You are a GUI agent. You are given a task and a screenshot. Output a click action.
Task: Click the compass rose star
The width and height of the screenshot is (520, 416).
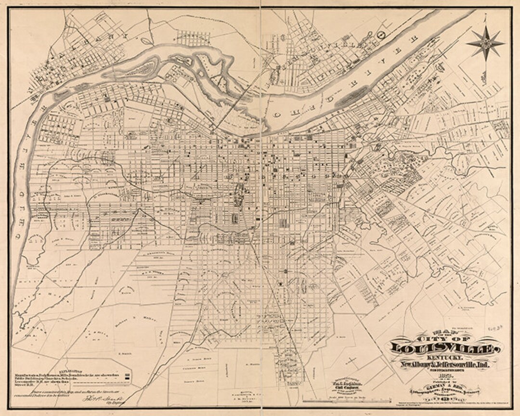point(485,43)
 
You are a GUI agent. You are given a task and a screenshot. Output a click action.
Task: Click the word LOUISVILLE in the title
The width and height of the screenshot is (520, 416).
point(442,348)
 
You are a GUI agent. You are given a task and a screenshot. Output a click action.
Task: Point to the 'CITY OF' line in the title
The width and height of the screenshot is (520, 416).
point(442,338)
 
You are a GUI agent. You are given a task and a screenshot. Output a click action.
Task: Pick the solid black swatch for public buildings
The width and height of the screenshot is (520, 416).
point(127,378)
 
